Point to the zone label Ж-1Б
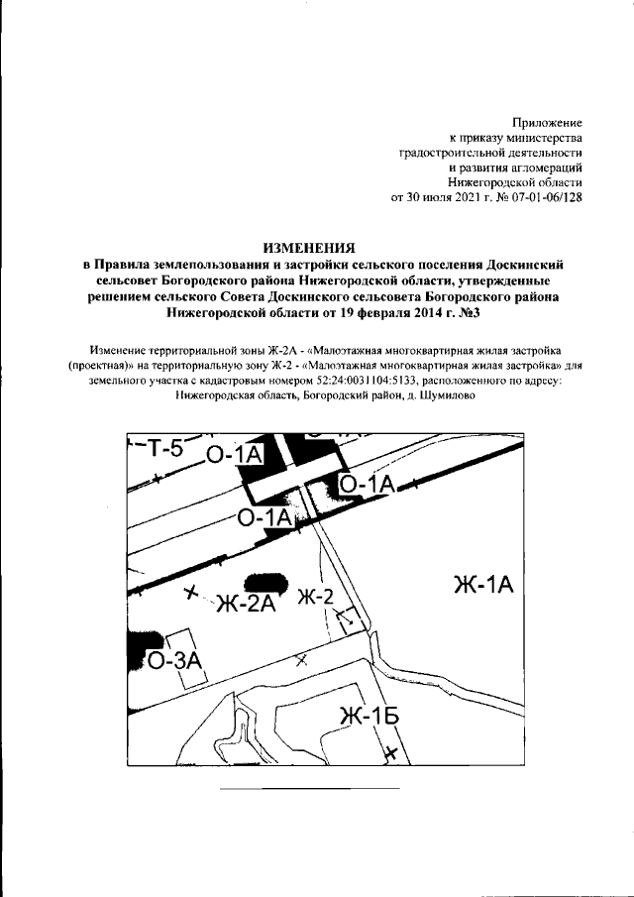tap(369, 715)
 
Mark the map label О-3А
tap(175, 661)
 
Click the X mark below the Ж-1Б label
tap(391, 753)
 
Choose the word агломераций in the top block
tap(538, 168)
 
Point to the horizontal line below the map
tap(308, 789)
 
